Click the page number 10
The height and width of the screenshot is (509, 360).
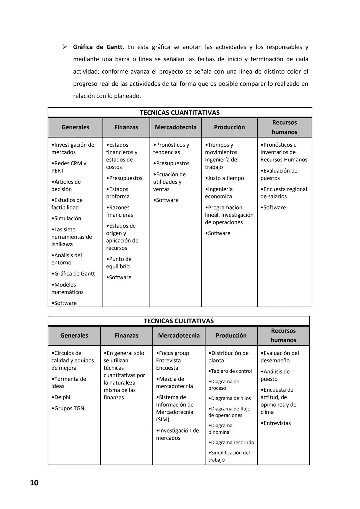(34, 483)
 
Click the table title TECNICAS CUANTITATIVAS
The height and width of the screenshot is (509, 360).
(180, 113)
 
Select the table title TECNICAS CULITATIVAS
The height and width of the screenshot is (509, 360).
(178, 321)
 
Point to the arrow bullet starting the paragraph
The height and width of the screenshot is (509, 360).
(65, 47)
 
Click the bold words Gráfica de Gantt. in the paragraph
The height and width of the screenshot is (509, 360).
(98, 47)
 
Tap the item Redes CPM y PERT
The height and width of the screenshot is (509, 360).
(69, 167)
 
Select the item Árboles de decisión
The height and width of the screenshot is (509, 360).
(66, 185)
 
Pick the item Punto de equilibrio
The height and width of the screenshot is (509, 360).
(119, 263)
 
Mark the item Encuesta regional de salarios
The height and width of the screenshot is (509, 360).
(283, 193)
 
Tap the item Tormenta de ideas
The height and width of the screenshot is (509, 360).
(69, 383)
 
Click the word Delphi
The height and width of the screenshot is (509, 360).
(62, 397)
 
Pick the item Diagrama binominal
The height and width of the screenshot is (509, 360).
(220, 429)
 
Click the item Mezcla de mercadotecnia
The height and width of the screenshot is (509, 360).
(174, 383)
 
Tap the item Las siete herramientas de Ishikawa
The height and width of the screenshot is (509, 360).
(71, 237)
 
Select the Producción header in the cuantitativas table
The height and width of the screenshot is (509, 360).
(229, 127)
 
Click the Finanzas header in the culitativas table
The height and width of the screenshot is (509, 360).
(126, 336)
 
